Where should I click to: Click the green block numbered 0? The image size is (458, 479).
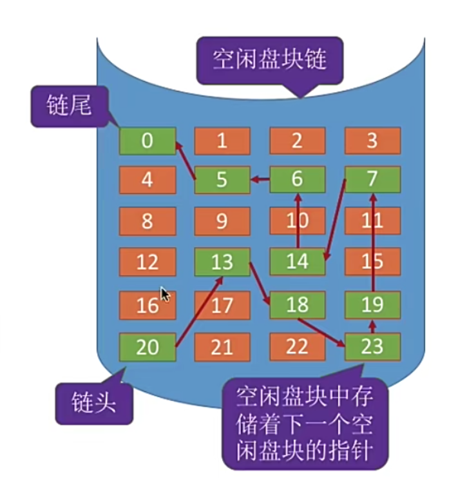tap(148, 141)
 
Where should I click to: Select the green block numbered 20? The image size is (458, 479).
tap(148, 347)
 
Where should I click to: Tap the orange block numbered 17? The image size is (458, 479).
tap(222, 304)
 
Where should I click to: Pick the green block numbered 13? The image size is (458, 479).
tap(222, 263)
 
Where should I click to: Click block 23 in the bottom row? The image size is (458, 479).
tap(372, 347)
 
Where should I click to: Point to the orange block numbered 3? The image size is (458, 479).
tap(372, 141)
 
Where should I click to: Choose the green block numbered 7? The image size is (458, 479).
tap(372, 179)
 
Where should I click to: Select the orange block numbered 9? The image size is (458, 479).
tap(222, 221)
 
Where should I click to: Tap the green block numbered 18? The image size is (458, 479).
tap(297, 304)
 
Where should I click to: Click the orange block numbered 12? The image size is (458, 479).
tap(148, 263)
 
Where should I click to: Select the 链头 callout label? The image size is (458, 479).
tap(93, 404)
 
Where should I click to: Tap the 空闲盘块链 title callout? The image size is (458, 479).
tap(269, 61)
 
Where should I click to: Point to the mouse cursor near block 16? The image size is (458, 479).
tap(165, 295)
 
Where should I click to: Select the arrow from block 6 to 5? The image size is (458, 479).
tap(260, 180)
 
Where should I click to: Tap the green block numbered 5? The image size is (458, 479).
tap(222, 179)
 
